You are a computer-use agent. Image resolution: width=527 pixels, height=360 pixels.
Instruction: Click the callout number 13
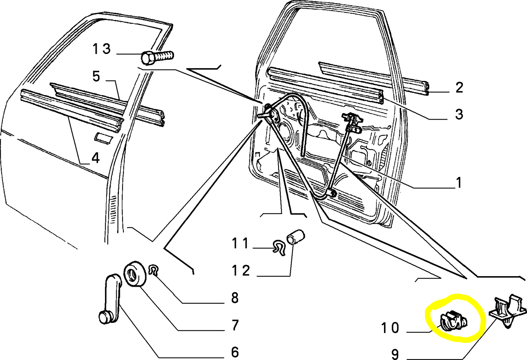[x=101, y=49]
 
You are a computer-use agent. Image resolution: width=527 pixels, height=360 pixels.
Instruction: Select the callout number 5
[x=96, y=77]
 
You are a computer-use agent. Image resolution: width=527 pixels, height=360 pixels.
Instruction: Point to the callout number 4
[x=95, y=158]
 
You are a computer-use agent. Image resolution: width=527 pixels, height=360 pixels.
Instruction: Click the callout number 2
[x=459, y=88]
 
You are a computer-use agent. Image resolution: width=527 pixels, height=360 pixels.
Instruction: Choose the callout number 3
[x=459, y=114]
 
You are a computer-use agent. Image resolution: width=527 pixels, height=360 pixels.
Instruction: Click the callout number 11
[x=240, y=243]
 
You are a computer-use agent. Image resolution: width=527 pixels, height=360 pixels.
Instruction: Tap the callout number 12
[x=241, y=271]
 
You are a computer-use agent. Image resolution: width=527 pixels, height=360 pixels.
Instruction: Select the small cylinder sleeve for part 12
[x=296, y=236]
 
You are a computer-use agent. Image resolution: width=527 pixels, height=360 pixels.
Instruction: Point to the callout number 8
[x=235, y=298]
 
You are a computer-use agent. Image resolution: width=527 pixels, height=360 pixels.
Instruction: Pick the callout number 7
[x=235, y=325]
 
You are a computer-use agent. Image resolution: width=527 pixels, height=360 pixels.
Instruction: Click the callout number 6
[x=235, y=352]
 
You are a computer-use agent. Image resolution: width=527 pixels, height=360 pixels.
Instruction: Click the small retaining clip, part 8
[x=154, y=270]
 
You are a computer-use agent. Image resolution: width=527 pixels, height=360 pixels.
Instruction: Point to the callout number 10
[x=390, y=328]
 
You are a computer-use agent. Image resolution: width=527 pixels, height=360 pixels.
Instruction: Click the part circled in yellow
[x=453, y=320]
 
